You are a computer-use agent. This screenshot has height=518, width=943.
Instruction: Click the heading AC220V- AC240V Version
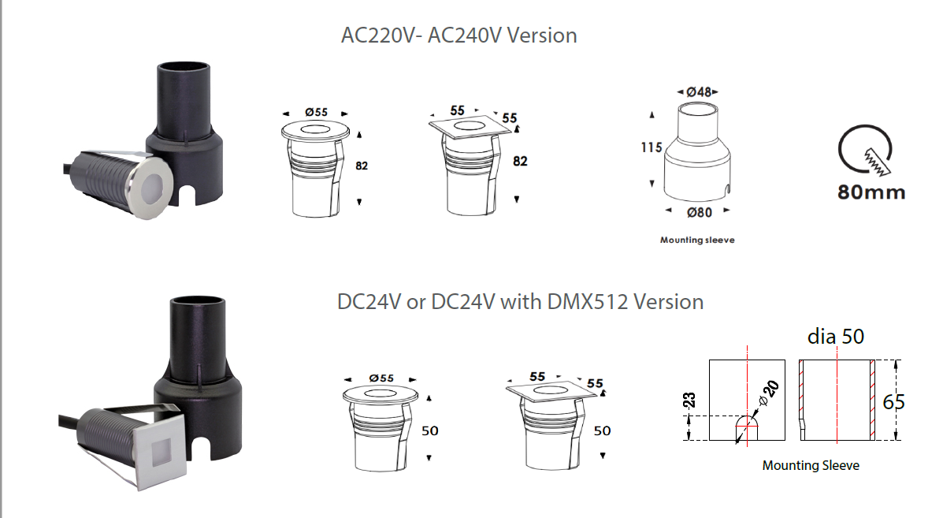(459, 35)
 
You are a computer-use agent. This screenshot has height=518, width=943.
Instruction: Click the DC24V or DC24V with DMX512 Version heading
(520, 301)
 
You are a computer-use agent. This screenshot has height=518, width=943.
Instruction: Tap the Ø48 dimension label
(698, 92)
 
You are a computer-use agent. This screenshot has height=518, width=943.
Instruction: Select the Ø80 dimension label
(700, 212)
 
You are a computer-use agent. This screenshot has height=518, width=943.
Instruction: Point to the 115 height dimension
(652, 147)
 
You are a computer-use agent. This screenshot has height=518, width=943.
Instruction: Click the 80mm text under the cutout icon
(871, 192)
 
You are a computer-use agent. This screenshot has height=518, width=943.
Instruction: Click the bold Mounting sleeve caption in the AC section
(697, 240)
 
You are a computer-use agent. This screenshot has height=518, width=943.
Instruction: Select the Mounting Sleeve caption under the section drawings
(811, 465)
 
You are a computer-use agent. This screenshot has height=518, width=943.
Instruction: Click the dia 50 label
(835, 337)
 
